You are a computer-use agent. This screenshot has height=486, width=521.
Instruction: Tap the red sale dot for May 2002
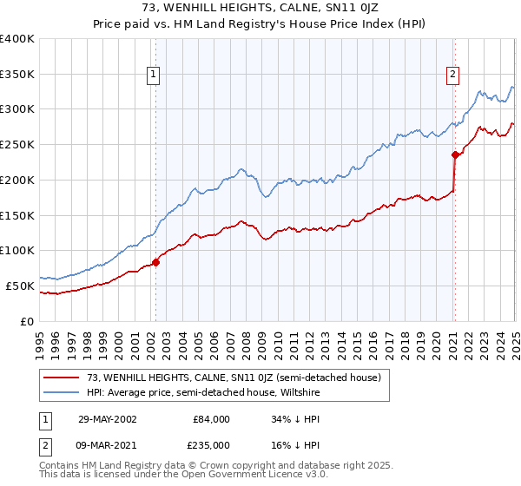156,261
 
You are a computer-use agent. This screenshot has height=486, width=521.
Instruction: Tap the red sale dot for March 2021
454,155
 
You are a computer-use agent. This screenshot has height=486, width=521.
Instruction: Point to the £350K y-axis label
17,75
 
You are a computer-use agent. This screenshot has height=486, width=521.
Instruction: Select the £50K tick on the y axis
21,286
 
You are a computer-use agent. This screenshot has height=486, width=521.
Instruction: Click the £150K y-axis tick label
17,215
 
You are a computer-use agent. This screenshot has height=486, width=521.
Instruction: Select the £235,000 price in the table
211,445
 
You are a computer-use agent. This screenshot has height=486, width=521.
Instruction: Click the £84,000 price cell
211,419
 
